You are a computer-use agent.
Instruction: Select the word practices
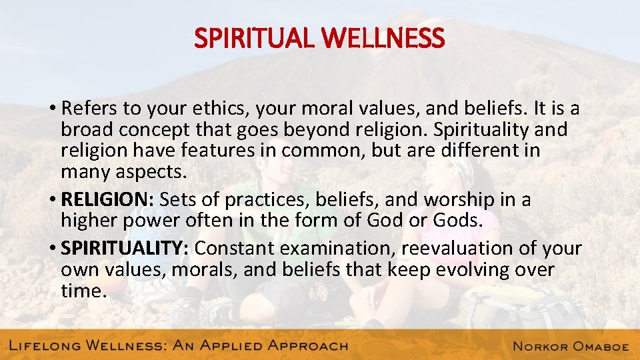click(x=261, y=199)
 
